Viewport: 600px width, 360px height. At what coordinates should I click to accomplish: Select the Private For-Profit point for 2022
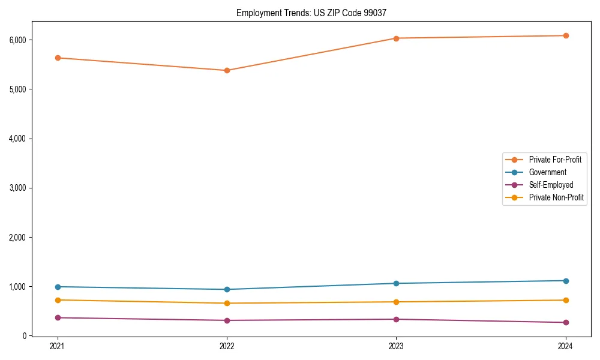(227, 70)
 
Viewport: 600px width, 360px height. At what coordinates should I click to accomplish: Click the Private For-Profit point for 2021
(58, 58)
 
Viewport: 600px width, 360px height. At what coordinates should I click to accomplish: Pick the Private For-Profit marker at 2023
(396, 38)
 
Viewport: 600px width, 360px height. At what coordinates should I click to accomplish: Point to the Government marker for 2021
(58, 287)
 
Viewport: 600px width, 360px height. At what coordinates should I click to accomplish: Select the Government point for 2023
(396, 283)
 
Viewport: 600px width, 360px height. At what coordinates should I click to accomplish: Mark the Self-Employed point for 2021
(58, 317)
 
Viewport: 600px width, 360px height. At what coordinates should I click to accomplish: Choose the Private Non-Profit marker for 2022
(227, 303)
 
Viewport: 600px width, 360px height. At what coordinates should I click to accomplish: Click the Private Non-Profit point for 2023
(396, 302)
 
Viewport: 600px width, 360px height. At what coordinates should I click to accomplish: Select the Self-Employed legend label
(551, 185)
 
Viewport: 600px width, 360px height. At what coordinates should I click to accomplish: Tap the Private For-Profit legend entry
(554, 160)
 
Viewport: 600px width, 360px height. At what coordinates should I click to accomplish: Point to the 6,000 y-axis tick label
(19, 40)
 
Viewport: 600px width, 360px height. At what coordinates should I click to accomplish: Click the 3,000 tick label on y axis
(19, 188)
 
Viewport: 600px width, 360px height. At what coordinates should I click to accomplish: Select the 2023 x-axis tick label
(396, 346)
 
